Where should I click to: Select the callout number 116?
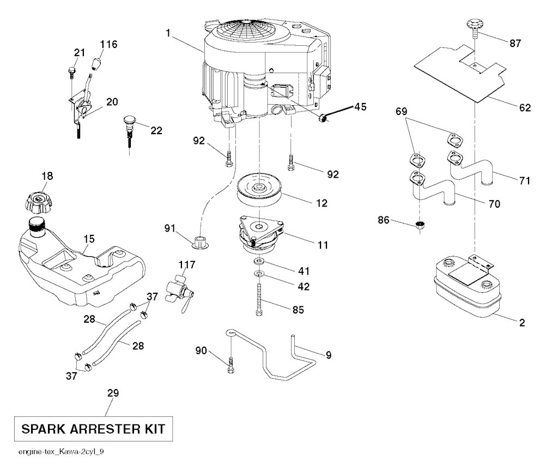pyautogui.click(x=109, y=44)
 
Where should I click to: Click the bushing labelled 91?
pyautogui.click(x=201, y=241)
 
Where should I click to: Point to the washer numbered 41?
pyautogui.click(x=259, y=264)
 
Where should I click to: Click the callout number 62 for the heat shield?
pyautogui.click(x=524, y=108)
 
